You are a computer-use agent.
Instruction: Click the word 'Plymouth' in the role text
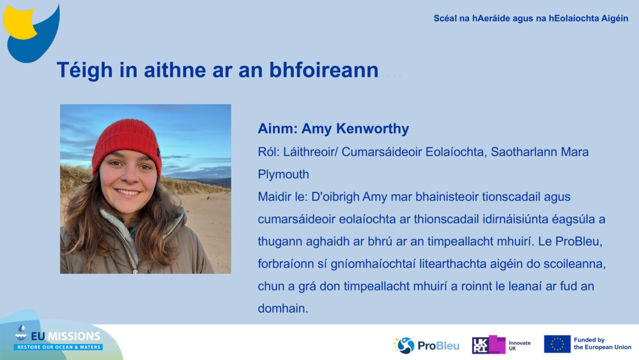(283, 174)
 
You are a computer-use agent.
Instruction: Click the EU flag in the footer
(557, 344)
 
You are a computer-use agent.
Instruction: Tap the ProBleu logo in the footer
(426, 345)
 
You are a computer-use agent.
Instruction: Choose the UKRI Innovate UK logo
(501, 345)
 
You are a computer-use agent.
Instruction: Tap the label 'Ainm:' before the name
(277, 129)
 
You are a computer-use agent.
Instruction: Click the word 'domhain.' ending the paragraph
(283, 308)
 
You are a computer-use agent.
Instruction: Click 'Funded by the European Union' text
(602, 344)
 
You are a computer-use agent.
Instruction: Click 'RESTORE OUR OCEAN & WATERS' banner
(58, 347)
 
